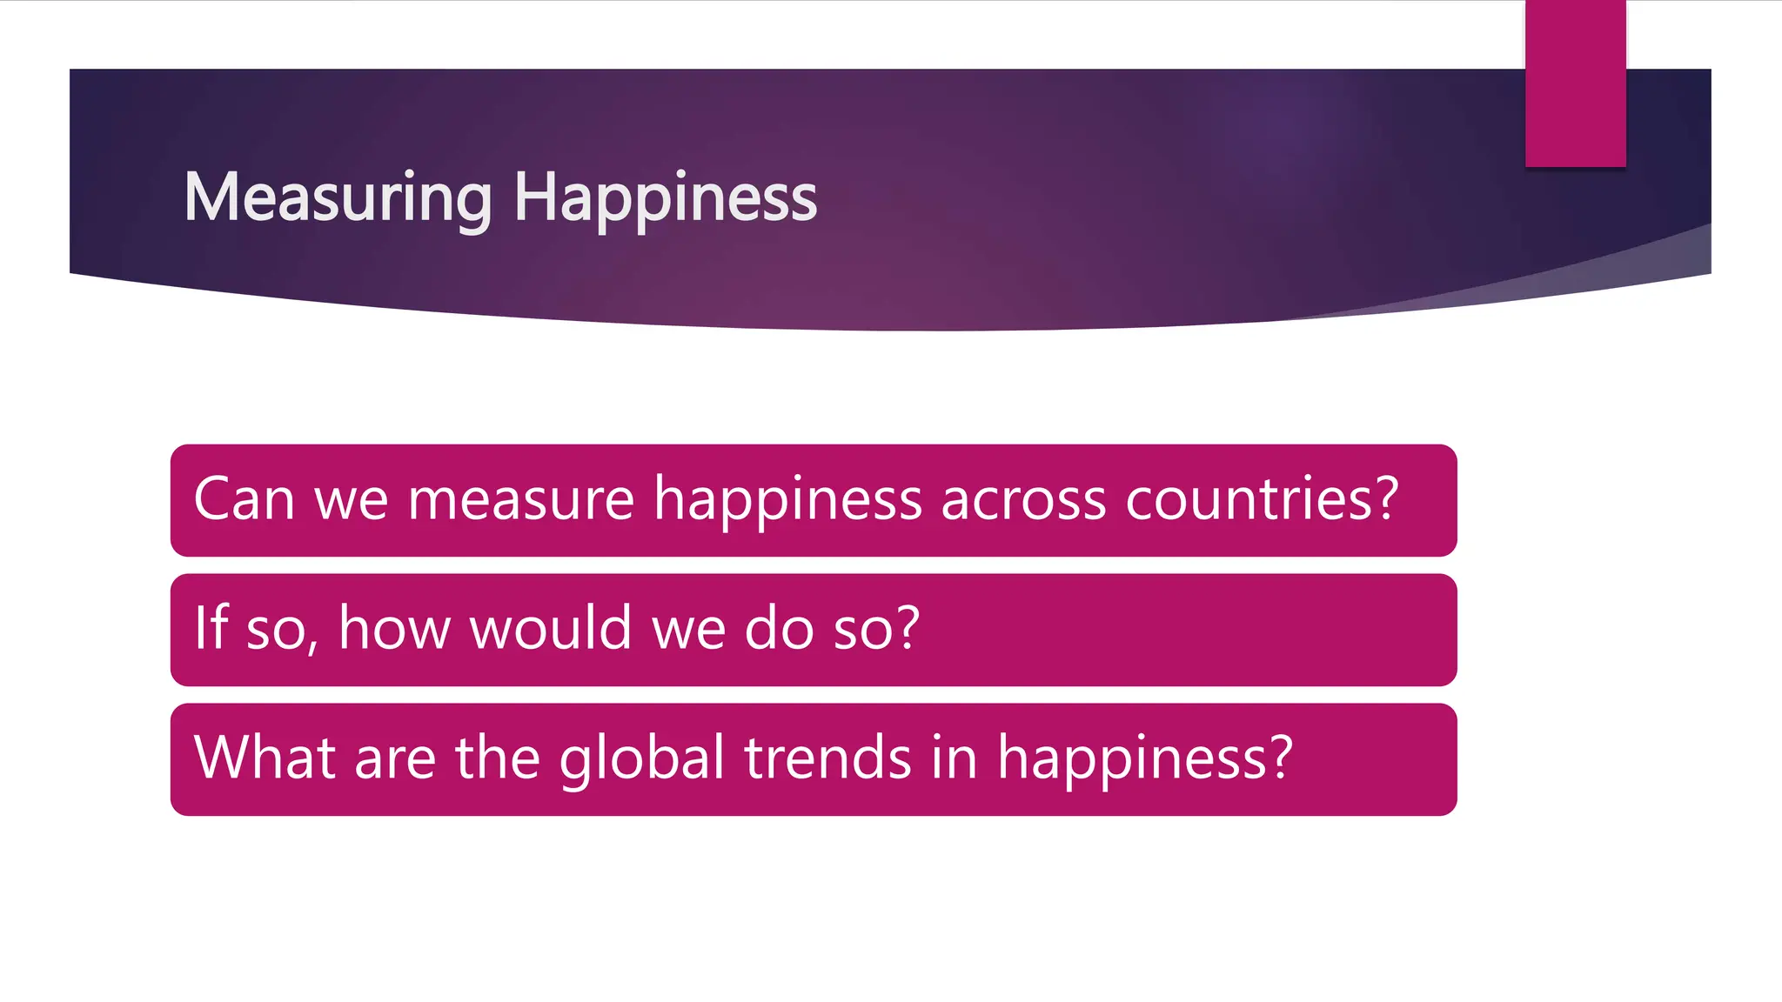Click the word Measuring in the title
338,198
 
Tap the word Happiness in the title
665,198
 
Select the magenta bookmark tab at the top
1575,83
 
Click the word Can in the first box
244,499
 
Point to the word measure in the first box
520,501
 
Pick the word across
1023,501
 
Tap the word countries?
1262,499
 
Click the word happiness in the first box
787,501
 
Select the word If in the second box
211,627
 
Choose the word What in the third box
265,757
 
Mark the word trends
827,757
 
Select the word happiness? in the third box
1145,758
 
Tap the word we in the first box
351,501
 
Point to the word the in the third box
497,757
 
